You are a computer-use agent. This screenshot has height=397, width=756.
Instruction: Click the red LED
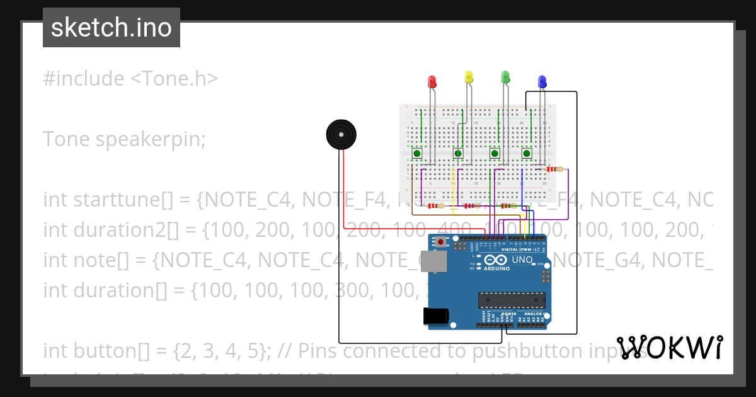click(x=432, y=82)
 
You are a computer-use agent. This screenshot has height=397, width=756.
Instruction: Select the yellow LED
click(x=468, y=77)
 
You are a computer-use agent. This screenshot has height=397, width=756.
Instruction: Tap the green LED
click(x=505, y=77)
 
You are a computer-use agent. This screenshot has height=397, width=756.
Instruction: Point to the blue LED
click(x=542, y=81)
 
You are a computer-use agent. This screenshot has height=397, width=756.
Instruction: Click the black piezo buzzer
click(x=341, y=135)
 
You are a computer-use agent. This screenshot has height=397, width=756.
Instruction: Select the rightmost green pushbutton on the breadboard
click(x=527, y=153)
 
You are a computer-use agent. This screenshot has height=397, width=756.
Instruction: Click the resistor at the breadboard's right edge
click(x=554, y=169)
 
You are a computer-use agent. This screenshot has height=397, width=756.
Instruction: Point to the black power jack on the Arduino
click(x=436, y=315)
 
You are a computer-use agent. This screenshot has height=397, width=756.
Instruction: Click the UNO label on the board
click(x=522, y=260)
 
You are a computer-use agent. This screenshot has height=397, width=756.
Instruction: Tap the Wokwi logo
click(x=669, y=348)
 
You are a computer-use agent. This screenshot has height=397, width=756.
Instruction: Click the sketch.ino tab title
click(x=112, y=28)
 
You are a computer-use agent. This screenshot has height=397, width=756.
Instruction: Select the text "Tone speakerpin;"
click(x=124, y=139)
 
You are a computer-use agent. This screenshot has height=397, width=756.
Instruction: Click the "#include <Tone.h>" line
click(x=130, y=79)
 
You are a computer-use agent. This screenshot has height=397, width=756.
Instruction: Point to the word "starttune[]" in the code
click(x=123, y=199)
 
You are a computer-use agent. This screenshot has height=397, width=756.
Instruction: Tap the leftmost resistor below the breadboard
click(x=435, y=205)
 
